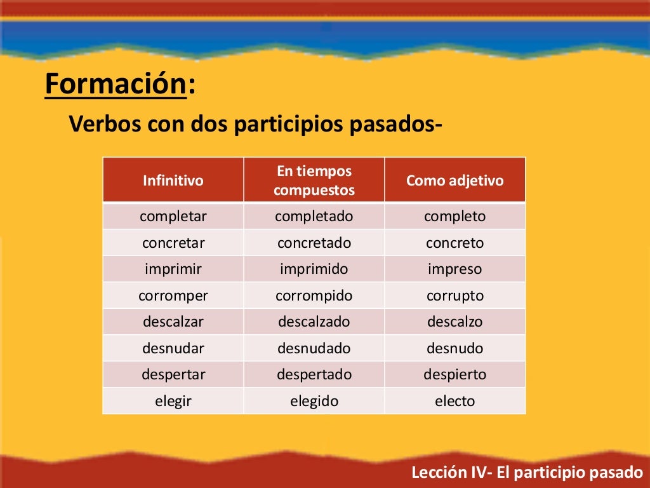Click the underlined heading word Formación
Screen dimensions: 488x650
116,85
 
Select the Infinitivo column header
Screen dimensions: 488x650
173,180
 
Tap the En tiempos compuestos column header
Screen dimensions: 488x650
314,180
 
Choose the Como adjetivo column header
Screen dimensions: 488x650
454,180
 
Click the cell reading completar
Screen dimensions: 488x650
173,216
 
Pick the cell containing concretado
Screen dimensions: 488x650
314,243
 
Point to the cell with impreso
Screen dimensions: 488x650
454,269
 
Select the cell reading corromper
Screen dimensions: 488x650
173,295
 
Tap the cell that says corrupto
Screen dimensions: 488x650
454,295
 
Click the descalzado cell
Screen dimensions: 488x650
314,322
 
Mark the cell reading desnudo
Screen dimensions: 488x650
454,348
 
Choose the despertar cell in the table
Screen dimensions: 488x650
173,374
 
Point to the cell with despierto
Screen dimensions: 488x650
454,374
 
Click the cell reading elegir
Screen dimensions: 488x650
173,401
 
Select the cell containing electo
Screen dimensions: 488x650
454,401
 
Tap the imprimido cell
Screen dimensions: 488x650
314,269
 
